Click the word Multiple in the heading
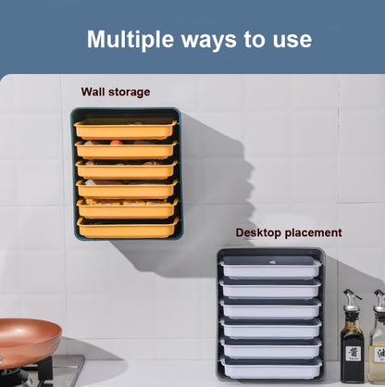(130, 40)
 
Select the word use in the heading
(292, 41)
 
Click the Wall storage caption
(116, 92)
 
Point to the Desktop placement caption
(289, 232)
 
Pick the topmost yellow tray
(126, 129)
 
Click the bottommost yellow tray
(128, 229)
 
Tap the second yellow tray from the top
(126, 150)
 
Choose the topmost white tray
(271, 268)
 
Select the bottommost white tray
(271, 368)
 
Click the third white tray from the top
(271, 309)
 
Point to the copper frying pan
(29, 342)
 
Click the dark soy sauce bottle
(352, 340)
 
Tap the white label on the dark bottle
(354, 354)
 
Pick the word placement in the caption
(314, 233)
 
